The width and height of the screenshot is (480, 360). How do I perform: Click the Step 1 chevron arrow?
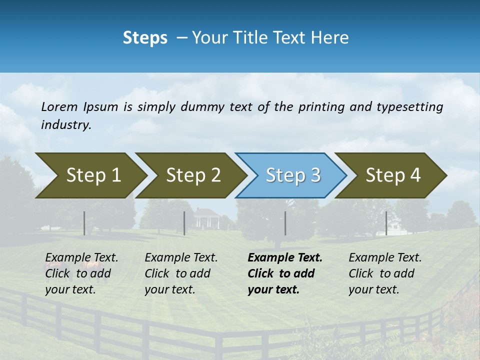[90, 175]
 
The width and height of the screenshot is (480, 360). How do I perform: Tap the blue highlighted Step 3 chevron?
[292, 175]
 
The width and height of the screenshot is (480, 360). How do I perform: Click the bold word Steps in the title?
[145, 38]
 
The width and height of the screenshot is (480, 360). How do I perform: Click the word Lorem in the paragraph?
[59, 107]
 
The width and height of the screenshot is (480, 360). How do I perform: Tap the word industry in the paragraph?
[66, 125]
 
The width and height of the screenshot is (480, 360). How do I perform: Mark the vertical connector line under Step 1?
[84, 223]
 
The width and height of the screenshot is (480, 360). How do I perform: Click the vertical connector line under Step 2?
[184, 223]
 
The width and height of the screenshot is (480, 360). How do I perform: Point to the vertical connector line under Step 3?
[285, 223]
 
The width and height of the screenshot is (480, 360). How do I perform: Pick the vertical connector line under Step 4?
[386, 223]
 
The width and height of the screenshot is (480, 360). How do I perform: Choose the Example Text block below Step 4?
[384, 273]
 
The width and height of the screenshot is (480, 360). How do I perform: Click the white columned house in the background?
[206, 218]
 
